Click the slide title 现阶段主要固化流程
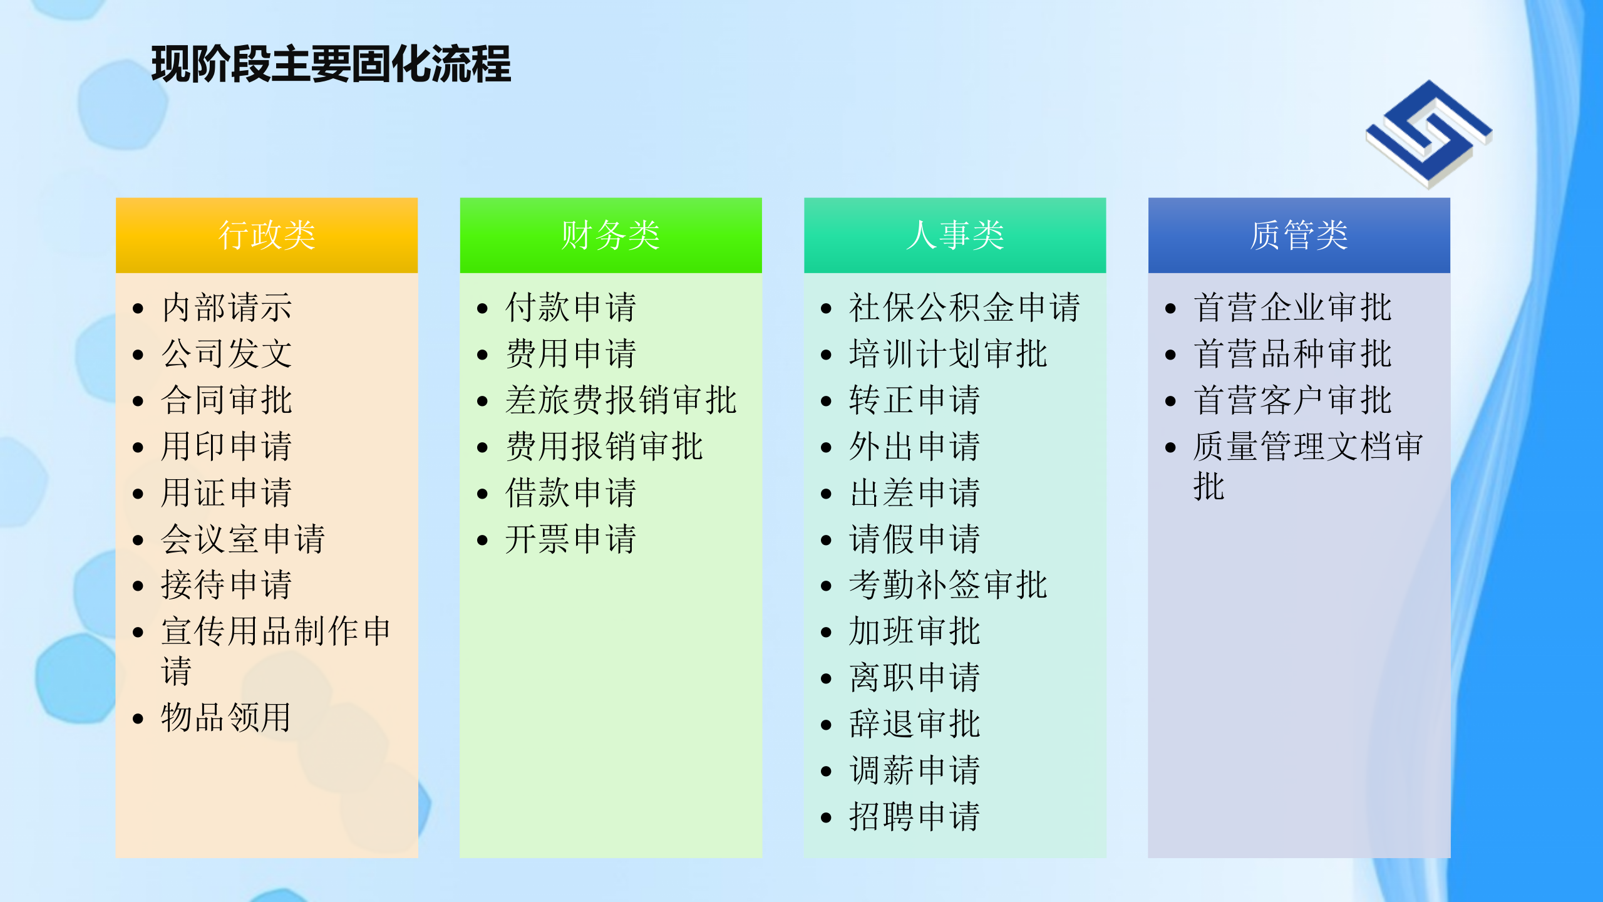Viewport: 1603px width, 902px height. pos(331,65)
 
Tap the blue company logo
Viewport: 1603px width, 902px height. pos(1428,133)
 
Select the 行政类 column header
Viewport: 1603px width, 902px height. pos(267,236)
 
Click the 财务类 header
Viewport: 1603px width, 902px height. pos(611,236)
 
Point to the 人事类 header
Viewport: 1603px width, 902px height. pos(955,236)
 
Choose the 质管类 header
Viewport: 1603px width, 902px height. pos(1299,236)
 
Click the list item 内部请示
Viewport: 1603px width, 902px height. pos(227,308)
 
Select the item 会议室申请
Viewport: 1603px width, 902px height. pos(243,539)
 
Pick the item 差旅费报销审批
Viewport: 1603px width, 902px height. pos(621,400)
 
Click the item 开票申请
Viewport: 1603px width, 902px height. pos(570,539)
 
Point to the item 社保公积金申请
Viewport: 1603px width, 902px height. pos(964,308)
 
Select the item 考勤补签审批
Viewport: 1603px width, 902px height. pos(948,585)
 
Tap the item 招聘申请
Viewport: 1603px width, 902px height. pos(915,817)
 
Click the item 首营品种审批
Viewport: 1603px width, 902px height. pos(1292,354)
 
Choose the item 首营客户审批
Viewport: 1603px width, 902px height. pos(1292,400)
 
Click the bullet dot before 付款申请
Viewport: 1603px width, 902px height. pos(482,308)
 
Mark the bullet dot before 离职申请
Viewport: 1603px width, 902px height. pos(826,678)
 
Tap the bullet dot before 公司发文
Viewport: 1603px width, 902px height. pos(138,355)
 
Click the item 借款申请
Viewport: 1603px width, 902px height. pos(570,493)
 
